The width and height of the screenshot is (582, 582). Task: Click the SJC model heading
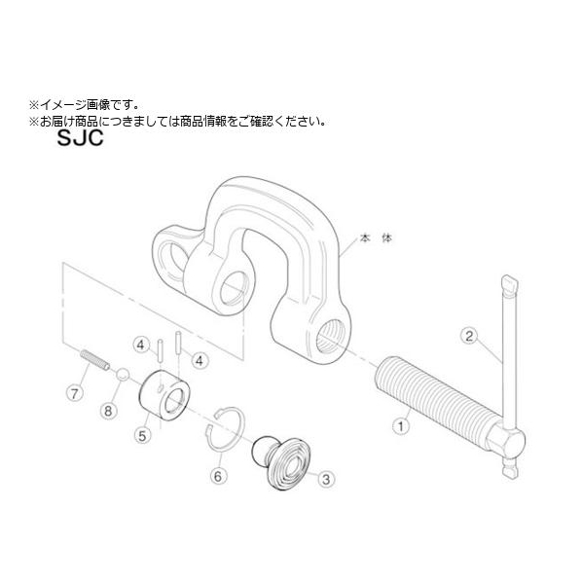pyautogui.click(x=80, y=137)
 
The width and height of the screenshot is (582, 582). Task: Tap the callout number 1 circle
pyautogui.click(x=401, y=425)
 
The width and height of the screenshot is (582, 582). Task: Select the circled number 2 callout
pyautogui.click(x=469, y=336)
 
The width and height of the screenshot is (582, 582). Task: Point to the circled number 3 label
pyautogui.click(x=326, y=479)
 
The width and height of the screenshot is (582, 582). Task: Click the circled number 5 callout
pyautogui.click(x=142, y=435)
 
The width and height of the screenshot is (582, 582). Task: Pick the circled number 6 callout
pyautogui.click(x=218, y=476)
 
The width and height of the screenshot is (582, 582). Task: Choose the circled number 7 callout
pyautogui.click(x=75, y=392)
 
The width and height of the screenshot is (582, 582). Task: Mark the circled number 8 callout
pyautogui.click(x=108, y=411)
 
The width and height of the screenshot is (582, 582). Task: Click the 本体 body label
pyautogui.click(x=376, y=237)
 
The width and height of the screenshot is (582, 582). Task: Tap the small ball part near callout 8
pyautogui.click(x=123, y=374)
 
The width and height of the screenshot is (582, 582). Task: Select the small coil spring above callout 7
pyautogui.click(x=95, y=360)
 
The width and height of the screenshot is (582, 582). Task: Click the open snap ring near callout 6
pyautogui.click(x=226, y=429)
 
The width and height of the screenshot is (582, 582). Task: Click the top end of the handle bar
pyautogui.click(x=510, y=282)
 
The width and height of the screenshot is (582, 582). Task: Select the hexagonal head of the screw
pyautogui.click(x=505, y=441)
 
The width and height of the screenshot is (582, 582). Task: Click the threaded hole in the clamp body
pyautogui.click(x=330, y=337)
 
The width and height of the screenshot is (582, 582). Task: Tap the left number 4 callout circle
pyautogui.click(x=141, y=346)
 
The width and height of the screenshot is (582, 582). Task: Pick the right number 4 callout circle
pyautogui.click(x=200, y=360)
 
